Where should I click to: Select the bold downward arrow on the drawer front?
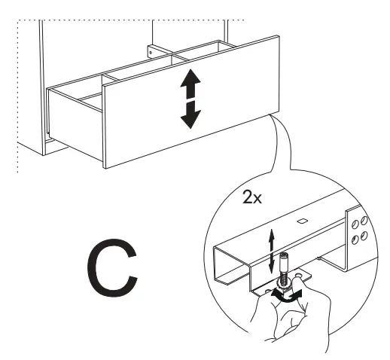tap(190, 113)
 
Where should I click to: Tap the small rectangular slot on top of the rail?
tap(300, 221)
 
